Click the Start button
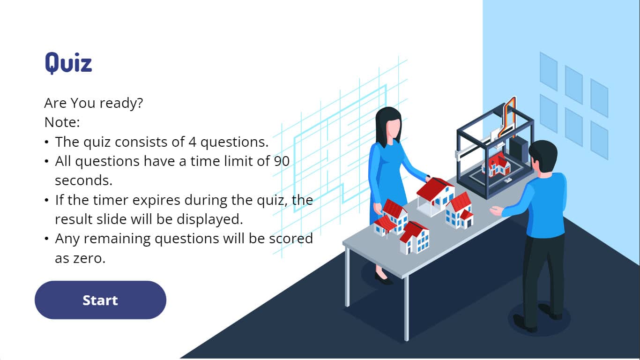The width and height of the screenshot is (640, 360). (x=100, y=300)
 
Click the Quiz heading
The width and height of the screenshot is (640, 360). (x=68, y=63)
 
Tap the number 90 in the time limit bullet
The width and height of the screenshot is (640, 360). (x=282, y=161)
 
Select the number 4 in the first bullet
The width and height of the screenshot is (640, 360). (x=192, y=142)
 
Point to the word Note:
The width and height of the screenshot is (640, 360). (x=62, y=122)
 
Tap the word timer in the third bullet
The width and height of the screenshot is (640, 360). (x=110, y=200)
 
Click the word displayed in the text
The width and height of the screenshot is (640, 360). (x=209, y=219)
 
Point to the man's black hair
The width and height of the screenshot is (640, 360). (x=543, y=155)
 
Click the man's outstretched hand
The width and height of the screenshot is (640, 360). (x=496, y=211)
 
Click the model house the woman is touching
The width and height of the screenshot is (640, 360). (x=435, y=196)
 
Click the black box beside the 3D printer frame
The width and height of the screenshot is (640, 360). (x=519, y=151)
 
